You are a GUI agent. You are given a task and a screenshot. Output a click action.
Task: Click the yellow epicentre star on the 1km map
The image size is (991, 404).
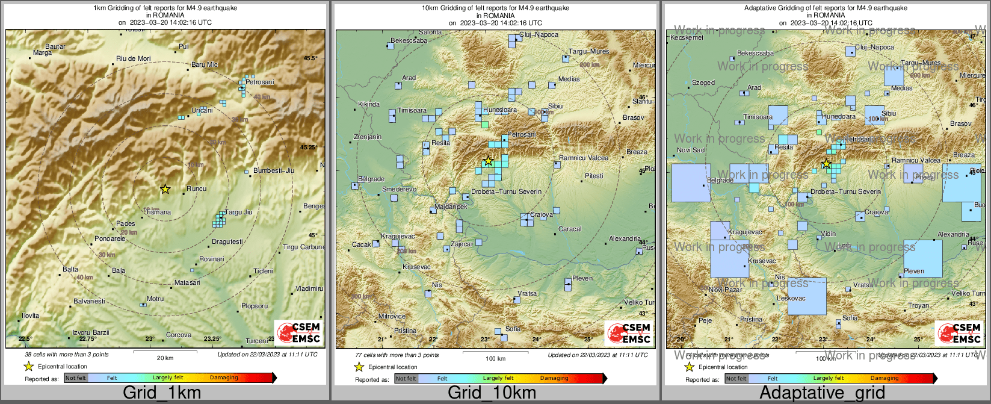tap(165, 189)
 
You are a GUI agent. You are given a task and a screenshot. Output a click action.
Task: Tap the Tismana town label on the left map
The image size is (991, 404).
tap(158, 213)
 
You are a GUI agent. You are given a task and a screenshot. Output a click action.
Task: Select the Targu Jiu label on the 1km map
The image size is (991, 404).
tap(238, 213)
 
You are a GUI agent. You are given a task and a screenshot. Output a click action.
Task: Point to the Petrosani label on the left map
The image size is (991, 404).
tap(259, 82)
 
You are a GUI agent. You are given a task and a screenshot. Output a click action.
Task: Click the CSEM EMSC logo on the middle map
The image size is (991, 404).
tap(629, 332)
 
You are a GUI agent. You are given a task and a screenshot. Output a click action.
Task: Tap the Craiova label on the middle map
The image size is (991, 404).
tap(542, 215)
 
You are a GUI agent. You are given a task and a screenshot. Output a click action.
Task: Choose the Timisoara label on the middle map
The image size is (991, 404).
tap(412, 111)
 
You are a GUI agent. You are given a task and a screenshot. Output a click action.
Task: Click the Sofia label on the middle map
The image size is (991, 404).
tap(513, 329)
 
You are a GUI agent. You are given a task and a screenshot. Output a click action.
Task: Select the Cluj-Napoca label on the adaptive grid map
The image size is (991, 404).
tap(874, 47)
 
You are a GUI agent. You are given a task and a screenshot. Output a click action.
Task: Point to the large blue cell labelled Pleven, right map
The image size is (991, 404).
tap(922, 258)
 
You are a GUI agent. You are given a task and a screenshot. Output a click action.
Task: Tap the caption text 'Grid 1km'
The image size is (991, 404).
tap(162, 393)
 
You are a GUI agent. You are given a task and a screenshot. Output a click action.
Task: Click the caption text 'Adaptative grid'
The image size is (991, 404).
tap(822, 393)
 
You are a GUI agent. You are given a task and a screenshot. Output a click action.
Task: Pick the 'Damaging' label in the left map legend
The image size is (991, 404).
tap(224, 378)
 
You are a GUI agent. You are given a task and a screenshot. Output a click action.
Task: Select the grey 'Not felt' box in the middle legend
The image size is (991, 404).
tap(406, 379)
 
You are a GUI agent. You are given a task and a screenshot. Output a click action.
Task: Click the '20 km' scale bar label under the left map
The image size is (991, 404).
tap(165, 358)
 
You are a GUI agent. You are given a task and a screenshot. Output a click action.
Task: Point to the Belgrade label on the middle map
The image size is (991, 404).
tap(371, 179)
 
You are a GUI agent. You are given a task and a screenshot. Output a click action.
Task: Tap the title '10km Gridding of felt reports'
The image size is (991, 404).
tap(495, 8)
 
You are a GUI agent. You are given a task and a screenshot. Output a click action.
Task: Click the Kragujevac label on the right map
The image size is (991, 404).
tap(745, 232)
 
